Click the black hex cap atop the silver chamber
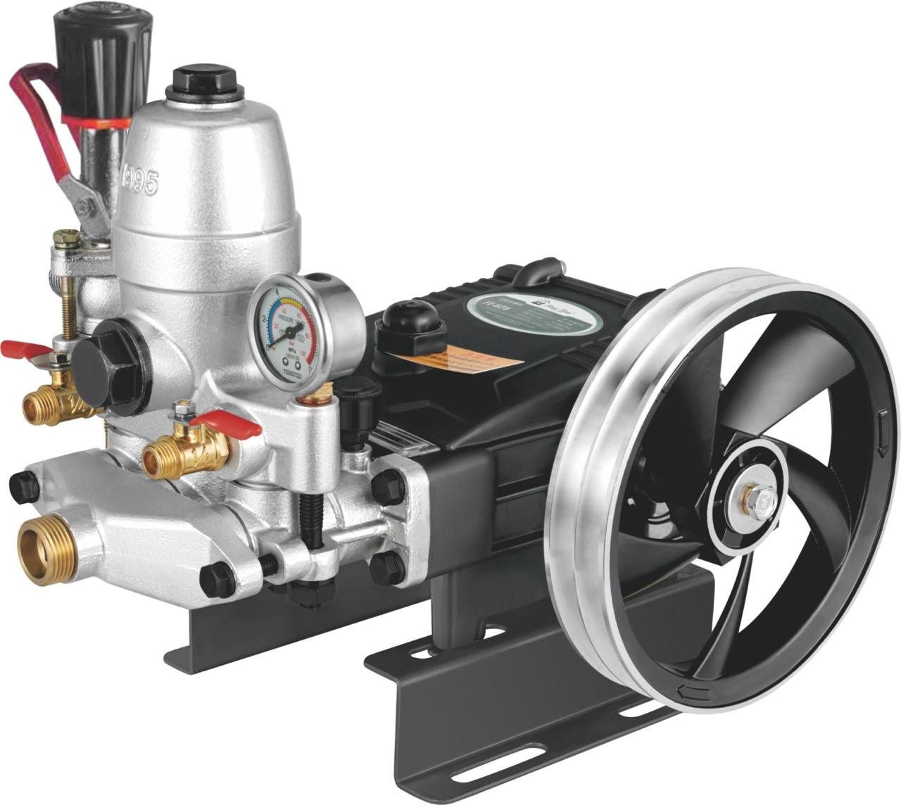click(x=204, y=84)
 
